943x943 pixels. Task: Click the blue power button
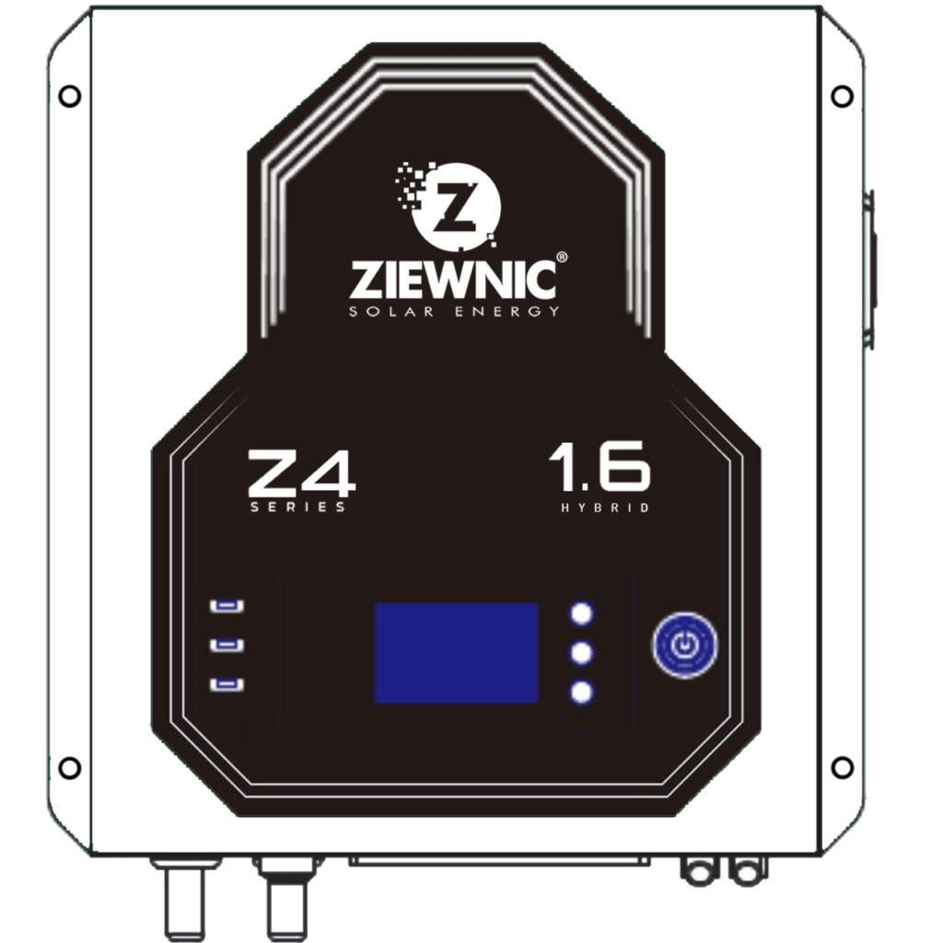(x=684, y=645)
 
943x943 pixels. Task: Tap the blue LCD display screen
(x=457, y=653)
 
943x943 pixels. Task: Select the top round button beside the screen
(x=581, y=614)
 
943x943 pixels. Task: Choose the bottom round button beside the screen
(x=581, y=693)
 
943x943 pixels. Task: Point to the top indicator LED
(x=227, y=606)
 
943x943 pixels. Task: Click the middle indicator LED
(x=227, y=645)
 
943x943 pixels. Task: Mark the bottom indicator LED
(x=227, y=684)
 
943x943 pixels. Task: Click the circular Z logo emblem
(x=457, y=207)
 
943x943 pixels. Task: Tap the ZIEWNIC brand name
(x=453, y=279)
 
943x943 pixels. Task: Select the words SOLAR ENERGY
(x=453, y=312)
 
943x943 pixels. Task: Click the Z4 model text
(x=300, y=474)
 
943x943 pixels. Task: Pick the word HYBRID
(x=606, y=507)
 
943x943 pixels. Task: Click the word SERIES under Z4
(x=298, y=507)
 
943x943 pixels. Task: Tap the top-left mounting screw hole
(x=70, y=96)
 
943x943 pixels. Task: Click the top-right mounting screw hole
(x=842, y=96)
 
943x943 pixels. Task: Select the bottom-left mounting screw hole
(x=70, y=767)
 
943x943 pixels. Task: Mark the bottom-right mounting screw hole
(x=842, y=767)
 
